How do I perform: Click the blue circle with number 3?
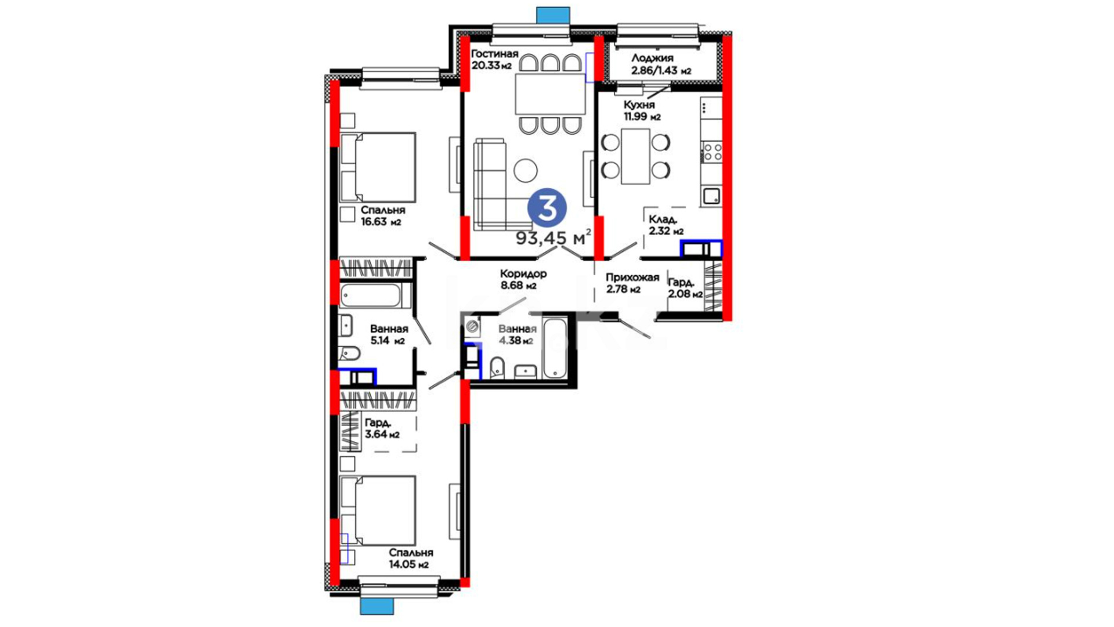pos(547,208)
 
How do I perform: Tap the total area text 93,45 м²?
pos(554,237)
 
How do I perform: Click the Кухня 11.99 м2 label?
pos(642,110)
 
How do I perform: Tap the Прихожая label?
pos(632,278)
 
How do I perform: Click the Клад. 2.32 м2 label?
pos(666,225)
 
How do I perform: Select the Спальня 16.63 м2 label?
pos(383,215)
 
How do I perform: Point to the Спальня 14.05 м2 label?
pos(411,558)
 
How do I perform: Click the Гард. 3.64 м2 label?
pos(382,428)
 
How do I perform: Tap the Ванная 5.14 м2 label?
pos(389,335)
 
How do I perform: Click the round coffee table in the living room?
pos(526,170)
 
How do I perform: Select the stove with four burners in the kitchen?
pos(712,153)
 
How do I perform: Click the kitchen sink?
pos(712,196)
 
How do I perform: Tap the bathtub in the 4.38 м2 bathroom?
pos(555,348)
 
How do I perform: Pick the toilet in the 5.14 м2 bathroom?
pos(349,352)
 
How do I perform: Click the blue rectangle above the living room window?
pos(553,15)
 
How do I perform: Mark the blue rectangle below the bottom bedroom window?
pos(377,607)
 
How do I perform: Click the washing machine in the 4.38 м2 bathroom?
pos(472,327)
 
